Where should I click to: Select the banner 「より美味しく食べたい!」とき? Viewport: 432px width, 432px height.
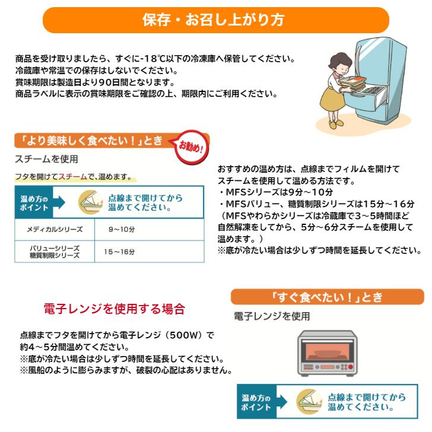tap(89, 141)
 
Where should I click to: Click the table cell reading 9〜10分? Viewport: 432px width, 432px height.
tap(121, 229)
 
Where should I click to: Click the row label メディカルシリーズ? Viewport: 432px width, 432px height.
tap(54, 229)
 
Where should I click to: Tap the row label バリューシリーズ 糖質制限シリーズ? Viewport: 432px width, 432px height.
tap(54, 252)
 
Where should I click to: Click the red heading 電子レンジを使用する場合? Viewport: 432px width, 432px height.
tap(115, 309)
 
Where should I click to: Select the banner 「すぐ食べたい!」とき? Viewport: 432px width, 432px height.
tap(327, 297)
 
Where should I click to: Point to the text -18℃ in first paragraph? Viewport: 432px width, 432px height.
tap(156, 59)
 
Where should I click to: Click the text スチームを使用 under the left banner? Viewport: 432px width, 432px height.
tap(46, 160)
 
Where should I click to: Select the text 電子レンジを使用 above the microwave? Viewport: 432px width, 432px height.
tap(271, 316)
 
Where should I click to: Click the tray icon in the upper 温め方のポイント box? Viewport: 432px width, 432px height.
tap(90, 202)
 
